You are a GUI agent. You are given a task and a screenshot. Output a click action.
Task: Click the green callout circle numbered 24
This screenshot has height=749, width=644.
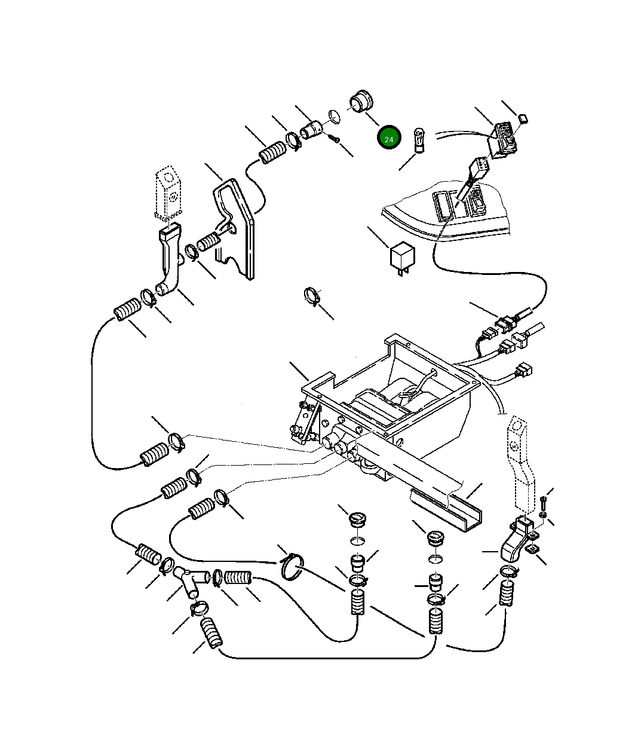388,139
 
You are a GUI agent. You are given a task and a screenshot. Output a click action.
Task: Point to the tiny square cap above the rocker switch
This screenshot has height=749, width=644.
524,118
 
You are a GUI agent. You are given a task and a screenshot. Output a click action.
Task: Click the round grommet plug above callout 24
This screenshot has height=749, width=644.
360,102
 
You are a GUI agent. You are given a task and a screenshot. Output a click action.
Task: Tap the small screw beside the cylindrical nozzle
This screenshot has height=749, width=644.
334,139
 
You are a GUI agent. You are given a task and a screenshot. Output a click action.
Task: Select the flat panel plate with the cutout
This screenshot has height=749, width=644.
239,227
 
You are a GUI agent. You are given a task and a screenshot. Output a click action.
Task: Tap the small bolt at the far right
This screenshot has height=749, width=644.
543,506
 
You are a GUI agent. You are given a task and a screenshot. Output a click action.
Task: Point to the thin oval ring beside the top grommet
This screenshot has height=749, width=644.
335,115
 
